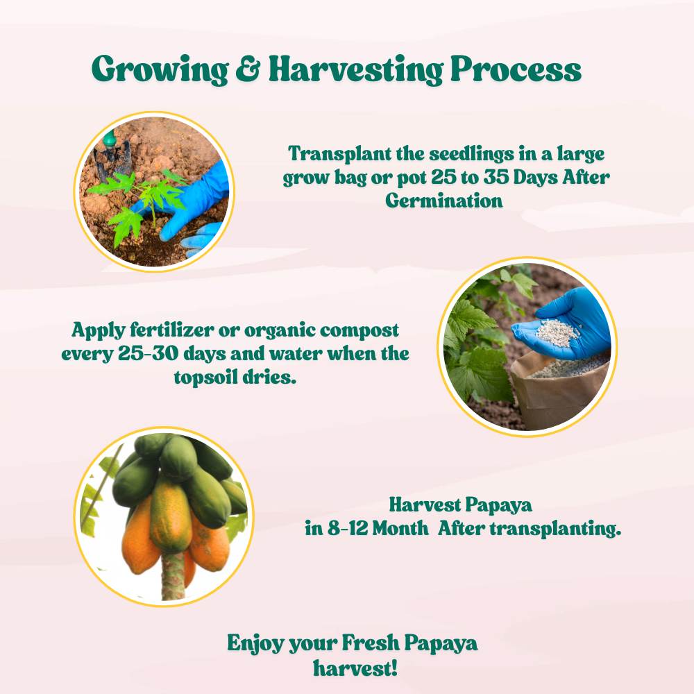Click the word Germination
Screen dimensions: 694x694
click(x=444, y=201)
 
